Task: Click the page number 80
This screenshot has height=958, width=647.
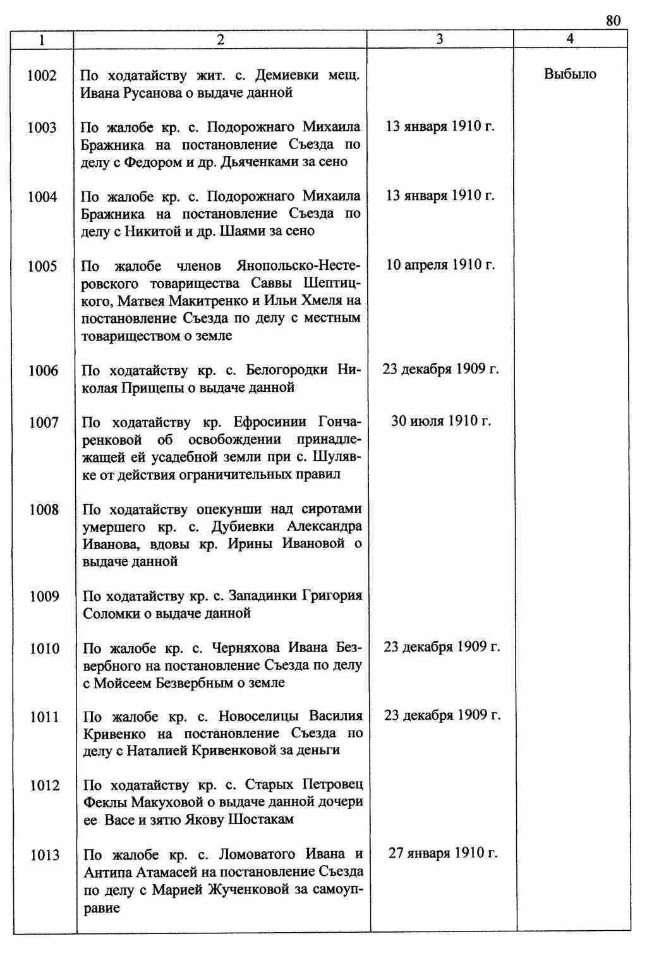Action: [x=613, y=21]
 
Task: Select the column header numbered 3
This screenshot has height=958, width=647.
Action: [x=440, y=39]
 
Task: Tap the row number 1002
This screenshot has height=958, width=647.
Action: [x=42, y=76]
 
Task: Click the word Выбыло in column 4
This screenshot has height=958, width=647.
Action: [x=570, y=74]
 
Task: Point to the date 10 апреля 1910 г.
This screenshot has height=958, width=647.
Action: [x=440, y=264]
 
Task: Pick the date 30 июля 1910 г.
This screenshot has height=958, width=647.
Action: [x=440, y=420]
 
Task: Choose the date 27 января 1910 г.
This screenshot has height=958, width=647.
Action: [x=443, y=853]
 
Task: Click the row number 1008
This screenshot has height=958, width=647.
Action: [x=44, y=509]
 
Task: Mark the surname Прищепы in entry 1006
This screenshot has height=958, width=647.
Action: [x=156, y=387]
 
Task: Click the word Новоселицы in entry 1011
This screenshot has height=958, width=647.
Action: [x=257, y=716]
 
